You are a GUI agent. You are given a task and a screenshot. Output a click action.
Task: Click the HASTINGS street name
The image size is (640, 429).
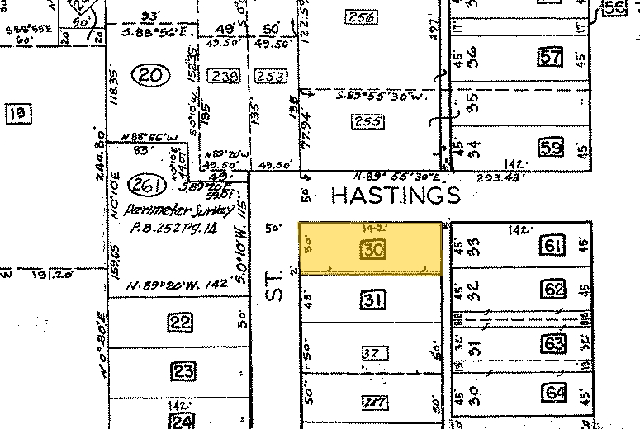point(395,196)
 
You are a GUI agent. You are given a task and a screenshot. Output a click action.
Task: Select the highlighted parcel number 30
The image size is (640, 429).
point(372,249)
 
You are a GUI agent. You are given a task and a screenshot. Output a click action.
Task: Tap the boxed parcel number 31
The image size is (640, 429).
point(372,301)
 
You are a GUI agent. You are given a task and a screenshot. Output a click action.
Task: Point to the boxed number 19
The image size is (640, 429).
point(16,113)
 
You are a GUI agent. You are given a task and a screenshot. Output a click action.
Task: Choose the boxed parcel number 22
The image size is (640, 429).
point(181,323)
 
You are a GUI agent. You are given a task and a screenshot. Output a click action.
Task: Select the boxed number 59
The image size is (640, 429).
point(551,149)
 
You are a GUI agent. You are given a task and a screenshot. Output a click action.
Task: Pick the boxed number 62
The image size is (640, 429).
point(554,290)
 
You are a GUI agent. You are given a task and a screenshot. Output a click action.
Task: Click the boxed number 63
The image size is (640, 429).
point(553,342)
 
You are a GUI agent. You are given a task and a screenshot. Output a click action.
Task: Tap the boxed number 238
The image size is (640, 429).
point(222,76)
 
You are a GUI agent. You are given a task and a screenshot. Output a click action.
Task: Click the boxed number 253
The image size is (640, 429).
point(270,77)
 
